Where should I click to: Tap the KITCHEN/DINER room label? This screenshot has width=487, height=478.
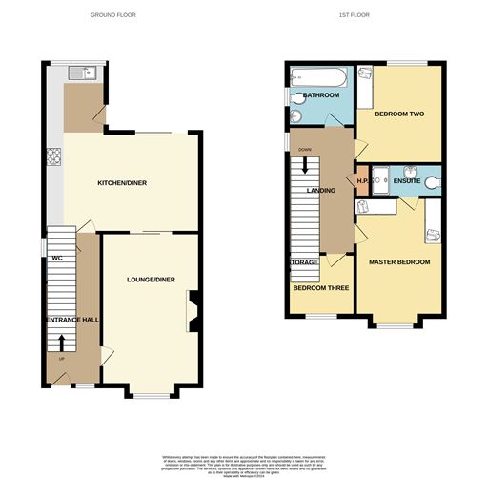point(128,183)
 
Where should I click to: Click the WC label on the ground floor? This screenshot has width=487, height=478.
point(56,258)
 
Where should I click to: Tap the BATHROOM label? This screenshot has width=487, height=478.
point(315,96)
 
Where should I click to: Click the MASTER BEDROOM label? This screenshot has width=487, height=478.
point(399,262)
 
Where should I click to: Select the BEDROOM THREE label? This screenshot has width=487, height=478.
point(319,287)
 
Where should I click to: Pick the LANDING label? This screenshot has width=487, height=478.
point(320,191)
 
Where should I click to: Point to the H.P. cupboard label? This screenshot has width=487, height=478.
point(362,180)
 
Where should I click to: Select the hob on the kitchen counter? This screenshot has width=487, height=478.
point(54,157)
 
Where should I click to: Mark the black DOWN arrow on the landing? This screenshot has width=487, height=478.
point(305,163)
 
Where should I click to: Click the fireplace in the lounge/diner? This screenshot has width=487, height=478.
point(193,310)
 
